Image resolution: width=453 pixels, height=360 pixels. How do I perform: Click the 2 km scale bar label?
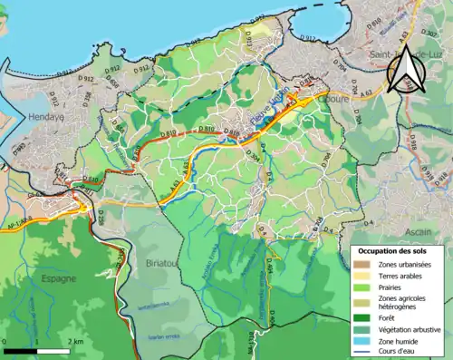pos(78,341)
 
